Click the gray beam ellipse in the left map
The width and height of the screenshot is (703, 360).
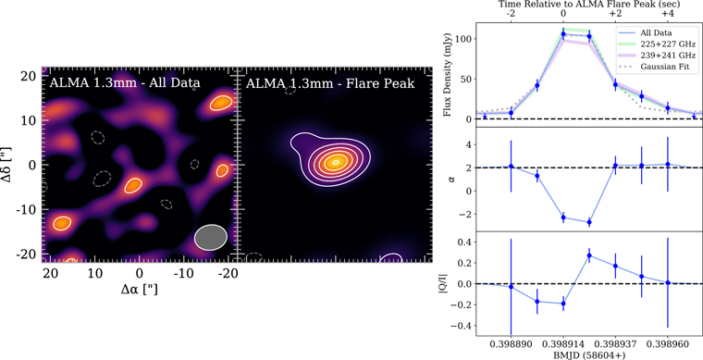(211, 237)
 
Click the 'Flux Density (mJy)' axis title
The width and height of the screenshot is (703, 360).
(448, 75)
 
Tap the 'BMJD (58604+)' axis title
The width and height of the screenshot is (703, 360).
(588, 354)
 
